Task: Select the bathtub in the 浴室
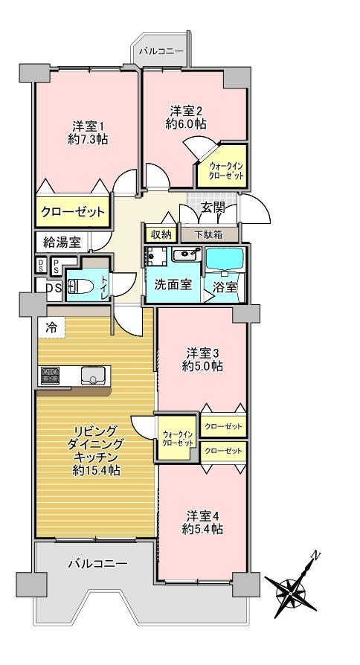(x=225, y=259)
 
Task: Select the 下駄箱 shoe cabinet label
(x=209, y=234)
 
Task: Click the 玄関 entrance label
(x=211, y=208)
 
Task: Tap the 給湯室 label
(x=62, y=242)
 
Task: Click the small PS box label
(x=56, y=266)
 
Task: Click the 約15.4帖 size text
(x=96, y=470)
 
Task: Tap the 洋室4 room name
(x=203, y=515)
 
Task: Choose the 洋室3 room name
(x=203, y=353)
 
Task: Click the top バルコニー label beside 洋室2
(x=161, y=51)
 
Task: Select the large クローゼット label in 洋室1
(x=72, y=211)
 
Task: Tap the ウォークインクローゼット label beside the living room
(x=178, y=439)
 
